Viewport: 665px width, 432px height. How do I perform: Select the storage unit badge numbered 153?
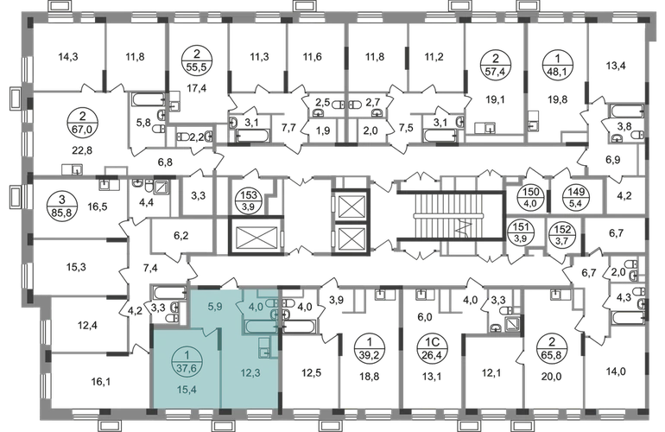tap(249, 200)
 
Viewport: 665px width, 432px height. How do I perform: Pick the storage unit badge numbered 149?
tap(575, 197)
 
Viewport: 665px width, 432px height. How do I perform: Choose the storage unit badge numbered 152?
tap(562, 234)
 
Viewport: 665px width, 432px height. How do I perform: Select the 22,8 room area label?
tap(82, 150)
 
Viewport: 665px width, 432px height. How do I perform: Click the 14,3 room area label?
tap(68, 56)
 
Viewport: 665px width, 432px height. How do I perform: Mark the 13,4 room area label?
tap(616, 66)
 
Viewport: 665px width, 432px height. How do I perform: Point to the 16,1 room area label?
tap(100, 382)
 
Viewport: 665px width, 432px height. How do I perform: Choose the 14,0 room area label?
tap(616, 372)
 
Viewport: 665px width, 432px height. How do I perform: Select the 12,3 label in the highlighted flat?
tap(250, 373)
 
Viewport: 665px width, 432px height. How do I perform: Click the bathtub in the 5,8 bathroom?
tap(148, 99)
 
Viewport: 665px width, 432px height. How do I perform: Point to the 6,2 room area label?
tap(181, 236)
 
